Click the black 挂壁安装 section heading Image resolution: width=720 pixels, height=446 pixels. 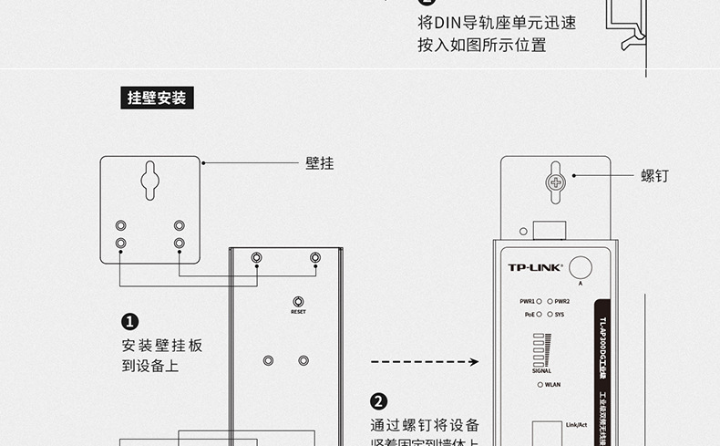click(x=157, y=98)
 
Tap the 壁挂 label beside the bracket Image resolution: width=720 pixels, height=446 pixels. click(x=319, y=163)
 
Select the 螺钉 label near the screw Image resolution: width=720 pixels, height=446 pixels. click(x=654, y=175)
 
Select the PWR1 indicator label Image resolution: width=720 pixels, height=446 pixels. click(x=528, y=301)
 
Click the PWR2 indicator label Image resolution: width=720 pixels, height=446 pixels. click(x=561, y=301)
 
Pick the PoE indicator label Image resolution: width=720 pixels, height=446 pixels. click(x=530, y=314)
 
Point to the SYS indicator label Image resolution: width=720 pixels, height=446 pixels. click(x=560, y=314)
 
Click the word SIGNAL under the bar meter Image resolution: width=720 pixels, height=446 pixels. click(x=541, y=370)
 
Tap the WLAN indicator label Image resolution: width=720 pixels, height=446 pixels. click(x=552, y=385)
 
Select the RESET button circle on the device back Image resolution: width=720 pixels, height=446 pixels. click(x=298, y=302)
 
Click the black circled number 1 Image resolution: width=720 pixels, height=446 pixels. click(x=129, y=321)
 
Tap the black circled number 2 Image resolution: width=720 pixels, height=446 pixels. click(x=379, y=401)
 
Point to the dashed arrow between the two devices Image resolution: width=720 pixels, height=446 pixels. click(x=425, y=362)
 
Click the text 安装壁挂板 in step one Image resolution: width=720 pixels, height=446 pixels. click(x=162, y=346)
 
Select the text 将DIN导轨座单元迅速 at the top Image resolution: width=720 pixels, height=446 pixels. click(x=497, y=23)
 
